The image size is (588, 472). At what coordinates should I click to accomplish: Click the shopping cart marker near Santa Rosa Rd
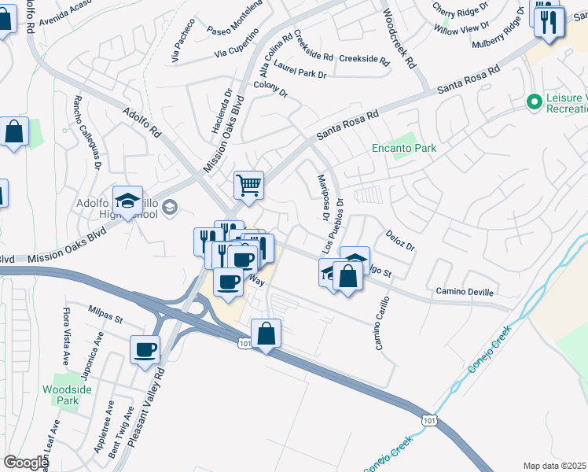pyautogui.click(x=248, y=186)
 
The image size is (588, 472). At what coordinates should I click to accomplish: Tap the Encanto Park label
pyautogui.click(x=404, y=148)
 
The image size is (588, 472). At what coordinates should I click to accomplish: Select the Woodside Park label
pyautogui.click(x=61, y=394)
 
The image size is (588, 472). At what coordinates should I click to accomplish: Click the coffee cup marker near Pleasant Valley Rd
pyautogui.click(x=146, y=348)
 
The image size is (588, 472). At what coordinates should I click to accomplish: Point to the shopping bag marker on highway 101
pyautogui.click(x=266, y=333)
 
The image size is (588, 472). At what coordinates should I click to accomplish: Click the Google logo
pyautogui.click(x=25, y=463)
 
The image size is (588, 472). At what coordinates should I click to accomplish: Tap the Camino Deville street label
pyautogui.click(x=465, y=292)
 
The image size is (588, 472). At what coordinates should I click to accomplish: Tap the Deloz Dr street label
pyautogui.click(x=399, y=240)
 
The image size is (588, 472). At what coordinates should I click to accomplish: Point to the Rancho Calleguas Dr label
pyautogui.click(x=86, y=133)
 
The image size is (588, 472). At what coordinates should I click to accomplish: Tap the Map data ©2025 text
pyautogui.click(x=555, y=466)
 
